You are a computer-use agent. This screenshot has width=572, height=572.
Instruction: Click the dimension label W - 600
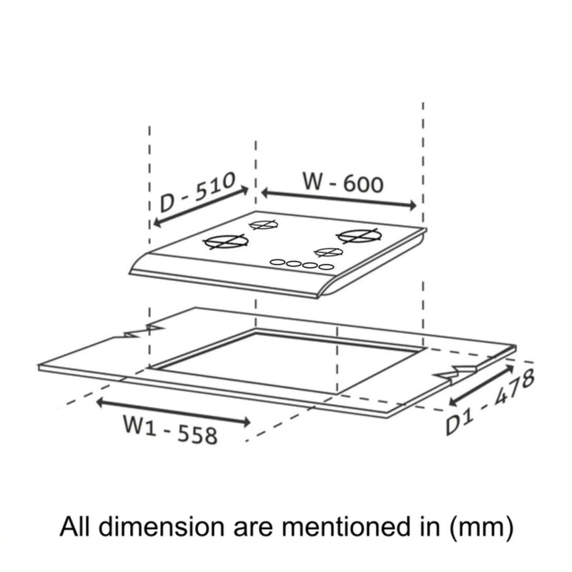tap(343, 183)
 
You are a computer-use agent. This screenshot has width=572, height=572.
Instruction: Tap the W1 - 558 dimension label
tap(170, 430)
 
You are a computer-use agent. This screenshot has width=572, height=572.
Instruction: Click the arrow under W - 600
tap(339, 199)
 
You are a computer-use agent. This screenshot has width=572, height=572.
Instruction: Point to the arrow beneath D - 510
tap(201, 207)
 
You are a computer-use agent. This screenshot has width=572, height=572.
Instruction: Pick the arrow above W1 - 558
tap(173, 413)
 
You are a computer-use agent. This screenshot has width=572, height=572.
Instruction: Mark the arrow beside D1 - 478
tap(481, 385)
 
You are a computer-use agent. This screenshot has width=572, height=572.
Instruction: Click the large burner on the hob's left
tap(226, 242)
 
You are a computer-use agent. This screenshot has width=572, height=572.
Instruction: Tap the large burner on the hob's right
tap(360, 236)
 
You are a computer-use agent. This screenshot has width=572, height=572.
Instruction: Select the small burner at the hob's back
tap(263, 225)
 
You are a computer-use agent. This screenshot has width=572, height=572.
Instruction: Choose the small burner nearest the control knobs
tap(329, 252)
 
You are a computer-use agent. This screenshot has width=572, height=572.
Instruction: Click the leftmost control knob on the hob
tap(277, 262)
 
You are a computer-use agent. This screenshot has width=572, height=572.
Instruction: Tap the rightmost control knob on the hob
tap(326, 267)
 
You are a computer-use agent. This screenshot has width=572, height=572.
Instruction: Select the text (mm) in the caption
tap(481, 527)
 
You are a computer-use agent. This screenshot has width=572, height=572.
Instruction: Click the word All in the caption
tap(74, 526)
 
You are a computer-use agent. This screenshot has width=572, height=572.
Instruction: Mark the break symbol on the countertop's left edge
tap(144, 331)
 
